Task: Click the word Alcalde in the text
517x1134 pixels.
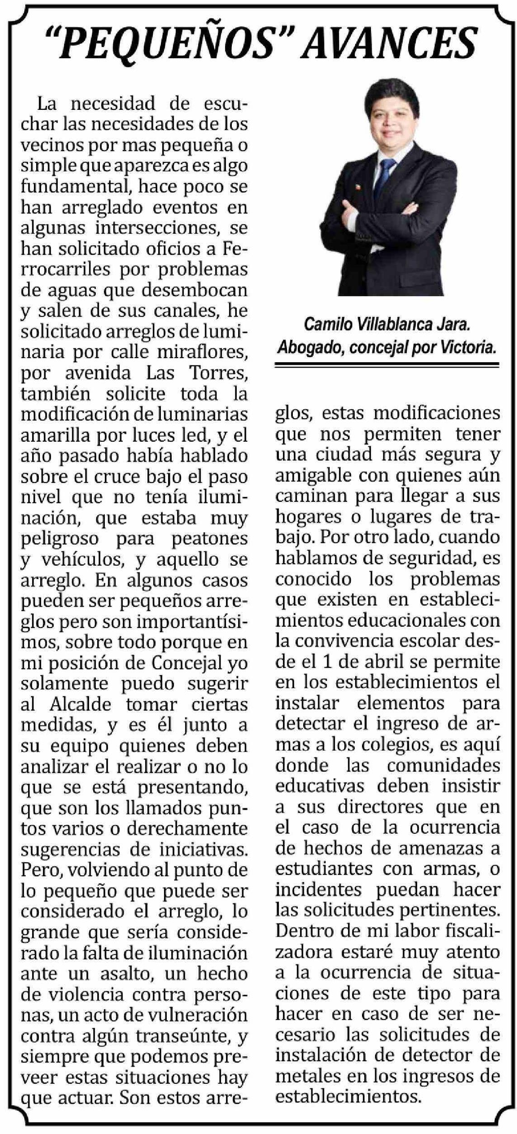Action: (x=80, y=704)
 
